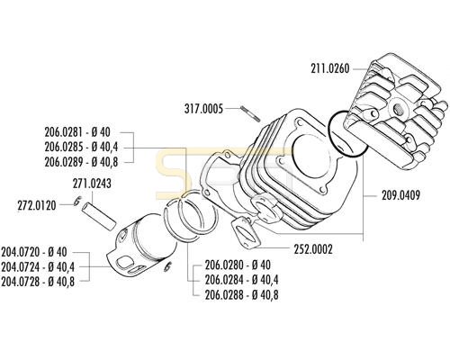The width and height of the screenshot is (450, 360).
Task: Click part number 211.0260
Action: point(330,69)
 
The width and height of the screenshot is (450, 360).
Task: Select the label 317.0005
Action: point(203,109)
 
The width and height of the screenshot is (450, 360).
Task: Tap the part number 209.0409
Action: point(400,195)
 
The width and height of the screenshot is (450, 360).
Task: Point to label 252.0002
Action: point(313,249)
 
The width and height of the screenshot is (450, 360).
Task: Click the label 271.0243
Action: point(92,184)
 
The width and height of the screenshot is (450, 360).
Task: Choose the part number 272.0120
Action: point(37,205)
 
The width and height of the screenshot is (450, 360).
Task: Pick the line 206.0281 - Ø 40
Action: point(77,132)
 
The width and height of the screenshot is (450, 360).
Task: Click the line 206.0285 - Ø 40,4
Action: point(81,147)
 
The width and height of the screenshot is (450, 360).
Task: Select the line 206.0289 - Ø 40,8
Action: point(81,162)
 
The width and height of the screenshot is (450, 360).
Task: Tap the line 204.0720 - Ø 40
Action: point(34,252)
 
